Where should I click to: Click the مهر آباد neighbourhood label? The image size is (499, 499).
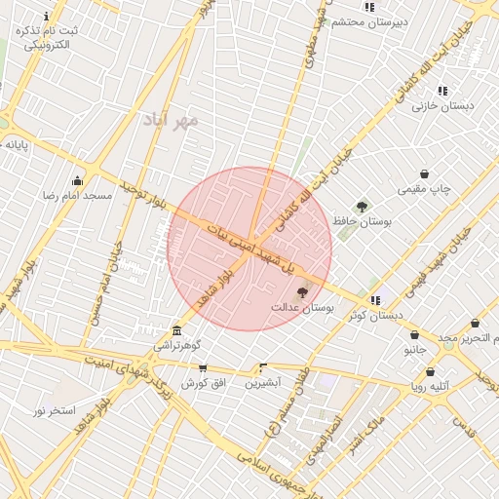click(x=171, y=119)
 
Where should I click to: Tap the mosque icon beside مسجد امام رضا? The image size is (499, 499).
click(x=78, y=180)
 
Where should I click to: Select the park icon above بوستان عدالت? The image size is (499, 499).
click(x=302, y=291)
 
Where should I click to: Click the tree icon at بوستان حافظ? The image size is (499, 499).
click(x=363, y=206)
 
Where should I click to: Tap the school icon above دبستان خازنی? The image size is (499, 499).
click(x=442, y=90)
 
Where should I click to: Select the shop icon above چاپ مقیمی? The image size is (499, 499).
click(x=425, y=173)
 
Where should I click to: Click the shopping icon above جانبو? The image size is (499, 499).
click(x=415, y=333)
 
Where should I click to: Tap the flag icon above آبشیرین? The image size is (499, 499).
click(x=262, y=367)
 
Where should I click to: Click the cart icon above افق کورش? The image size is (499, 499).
click(x=203, y=367)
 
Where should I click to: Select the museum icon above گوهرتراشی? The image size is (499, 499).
click(x=176, y=330)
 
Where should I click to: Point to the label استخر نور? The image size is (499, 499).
click(x=54, y=410)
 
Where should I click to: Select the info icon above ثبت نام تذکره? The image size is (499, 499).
click(x=46, y=17)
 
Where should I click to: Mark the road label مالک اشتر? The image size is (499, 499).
click(x=365, y=432)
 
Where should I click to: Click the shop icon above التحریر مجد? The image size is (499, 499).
click(x=475, y=323)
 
